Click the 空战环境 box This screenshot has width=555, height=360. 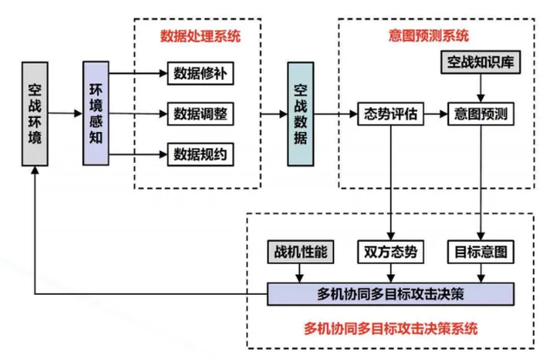point(35,114)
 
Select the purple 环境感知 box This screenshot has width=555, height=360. point(95,114)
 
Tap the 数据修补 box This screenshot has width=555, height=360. point(200,73)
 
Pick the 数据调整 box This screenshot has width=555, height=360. point(200,114)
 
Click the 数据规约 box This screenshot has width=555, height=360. point(200,154)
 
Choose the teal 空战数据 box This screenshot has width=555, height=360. point(301,114)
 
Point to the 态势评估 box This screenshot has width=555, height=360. point(390,114)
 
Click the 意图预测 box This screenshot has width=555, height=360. point(480,114)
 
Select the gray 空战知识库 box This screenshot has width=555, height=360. point(480,62)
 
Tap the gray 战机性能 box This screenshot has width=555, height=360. point(301,252)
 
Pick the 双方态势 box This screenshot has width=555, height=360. point(390,252)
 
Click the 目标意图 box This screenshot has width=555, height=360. point(480,252)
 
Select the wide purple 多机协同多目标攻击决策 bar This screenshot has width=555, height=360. point(390,294)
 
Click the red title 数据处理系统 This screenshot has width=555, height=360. point(200,36)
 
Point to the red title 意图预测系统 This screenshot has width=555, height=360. point(428,36)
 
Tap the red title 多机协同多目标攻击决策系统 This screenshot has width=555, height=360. point(391,329)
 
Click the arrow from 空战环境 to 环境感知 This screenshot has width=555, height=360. point(65,114)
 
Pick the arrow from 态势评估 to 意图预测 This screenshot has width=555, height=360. point(435,114)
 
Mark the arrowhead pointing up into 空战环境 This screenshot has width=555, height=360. point(35,170)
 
